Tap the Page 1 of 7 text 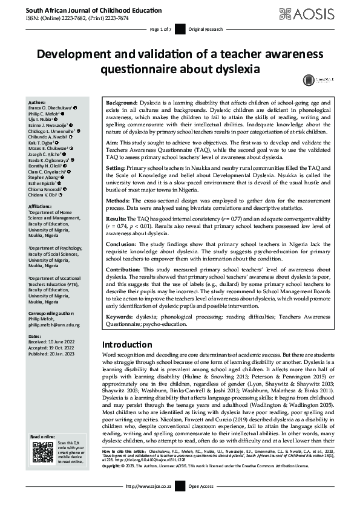point(161,29)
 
